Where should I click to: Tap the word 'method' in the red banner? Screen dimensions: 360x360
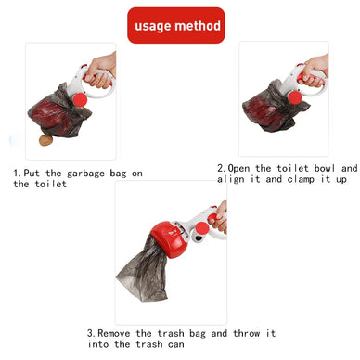[x=199, y=25]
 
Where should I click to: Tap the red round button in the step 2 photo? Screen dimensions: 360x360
[x=295, y=96]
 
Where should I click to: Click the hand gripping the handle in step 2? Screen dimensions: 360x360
[x=317, y=67]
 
